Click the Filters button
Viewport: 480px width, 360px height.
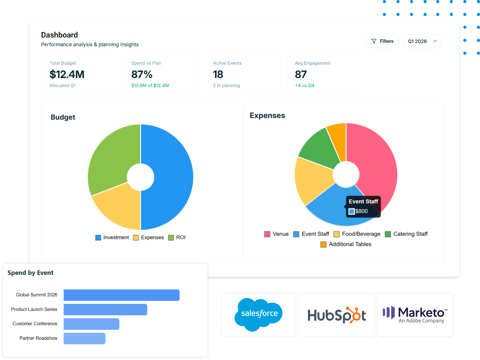(x=382, y=41)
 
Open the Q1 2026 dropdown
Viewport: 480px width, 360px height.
(x=421, y=41)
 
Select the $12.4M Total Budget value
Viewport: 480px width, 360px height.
(x=67, y=74)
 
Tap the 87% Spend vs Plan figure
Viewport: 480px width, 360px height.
(x=142, y=74)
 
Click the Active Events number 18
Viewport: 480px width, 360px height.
(x=218, y=74)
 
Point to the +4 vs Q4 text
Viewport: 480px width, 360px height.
(x=305, y=85)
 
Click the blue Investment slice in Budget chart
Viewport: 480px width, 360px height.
(x=170, y=177)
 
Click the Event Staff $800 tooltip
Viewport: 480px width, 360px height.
(x=363, y=206)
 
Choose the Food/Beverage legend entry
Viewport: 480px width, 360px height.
(x=357, y=234)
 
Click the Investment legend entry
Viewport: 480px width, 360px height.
(x=112, y=237)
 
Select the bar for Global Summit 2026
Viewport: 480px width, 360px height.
(x=121, y=295)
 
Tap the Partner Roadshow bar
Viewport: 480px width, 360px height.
(x=84, y=339)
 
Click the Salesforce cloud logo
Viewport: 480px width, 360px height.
(x=259, y=314)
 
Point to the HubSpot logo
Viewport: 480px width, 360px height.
(x=337, y=315)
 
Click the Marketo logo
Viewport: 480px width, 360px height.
(x=415, y=315)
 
